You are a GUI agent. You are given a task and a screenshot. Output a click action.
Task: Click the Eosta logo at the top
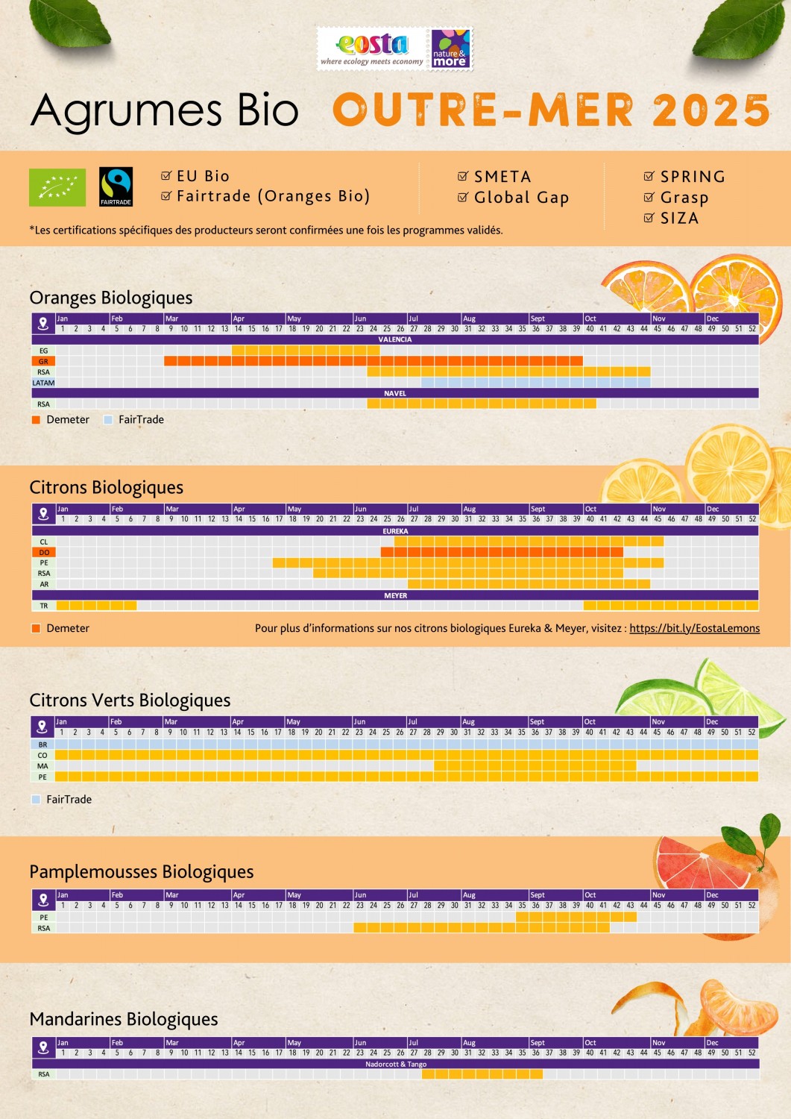coord(371,48)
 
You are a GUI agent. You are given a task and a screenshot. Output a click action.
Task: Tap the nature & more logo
coord(450,48)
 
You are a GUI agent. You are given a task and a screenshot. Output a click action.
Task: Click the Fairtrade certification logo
coord(116,186)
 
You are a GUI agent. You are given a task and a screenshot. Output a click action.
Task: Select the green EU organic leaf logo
coord(57,187)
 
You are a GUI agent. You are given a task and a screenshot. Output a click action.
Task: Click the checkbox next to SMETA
coord(463,177)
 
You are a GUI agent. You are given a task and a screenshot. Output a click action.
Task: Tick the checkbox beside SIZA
coord(649,218)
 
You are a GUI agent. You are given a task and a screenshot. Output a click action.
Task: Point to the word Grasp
coord(684,198)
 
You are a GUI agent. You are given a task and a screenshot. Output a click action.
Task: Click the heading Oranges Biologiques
coord(111,298)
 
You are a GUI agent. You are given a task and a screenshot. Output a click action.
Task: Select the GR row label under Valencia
coord(43,361)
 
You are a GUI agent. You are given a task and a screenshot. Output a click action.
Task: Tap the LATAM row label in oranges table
coord(43,383)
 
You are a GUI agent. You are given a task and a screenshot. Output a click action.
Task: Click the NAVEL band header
coord(395,393)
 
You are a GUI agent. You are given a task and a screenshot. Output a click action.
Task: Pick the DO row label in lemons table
coord(44,552)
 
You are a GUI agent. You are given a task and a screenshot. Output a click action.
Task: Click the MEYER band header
coord(395,595)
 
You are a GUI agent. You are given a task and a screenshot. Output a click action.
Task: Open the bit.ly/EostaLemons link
coord(694,628)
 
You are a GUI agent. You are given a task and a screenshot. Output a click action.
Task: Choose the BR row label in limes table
coord(42,745)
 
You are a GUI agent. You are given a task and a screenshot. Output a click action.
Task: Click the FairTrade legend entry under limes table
coord(69,799)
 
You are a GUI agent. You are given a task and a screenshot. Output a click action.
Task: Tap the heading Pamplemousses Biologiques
coord(142,871)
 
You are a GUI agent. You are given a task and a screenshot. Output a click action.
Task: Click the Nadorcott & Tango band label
coord(396,1064)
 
